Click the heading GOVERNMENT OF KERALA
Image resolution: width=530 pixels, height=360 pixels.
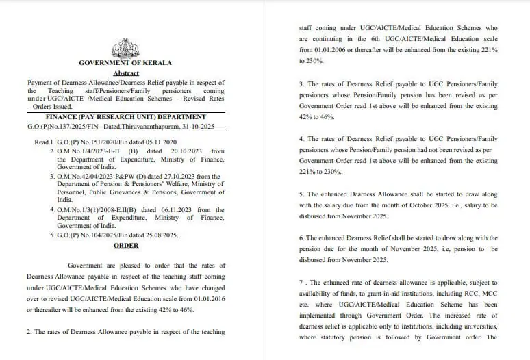[125, 63]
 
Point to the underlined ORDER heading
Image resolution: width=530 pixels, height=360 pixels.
[125, 245]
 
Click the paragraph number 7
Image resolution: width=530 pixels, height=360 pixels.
[302, 283]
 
